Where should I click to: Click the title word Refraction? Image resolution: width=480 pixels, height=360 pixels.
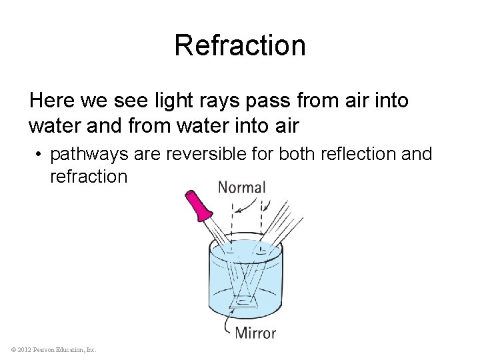coord(240,45)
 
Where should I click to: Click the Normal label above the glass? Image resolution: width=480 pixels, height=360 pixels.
coord(242,187)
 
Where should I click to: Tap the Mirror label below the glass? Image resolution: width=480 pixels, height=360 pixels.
coord(255,331)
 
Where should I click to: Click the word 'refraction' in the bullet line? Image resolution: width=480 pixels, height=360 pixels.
coord(88,177)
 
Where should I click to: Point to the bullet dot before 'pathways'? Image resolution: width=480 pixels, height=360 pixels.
coord(40,155)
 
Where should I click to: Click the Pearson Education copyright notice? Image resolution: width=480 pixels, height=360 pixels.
coord(53,349)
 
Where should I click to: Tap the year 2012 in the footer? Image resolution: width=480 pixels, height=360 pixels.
coord(24,349)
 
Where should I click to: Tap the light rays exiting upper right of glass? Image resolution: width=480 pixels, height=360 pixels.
coord(283,220)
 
